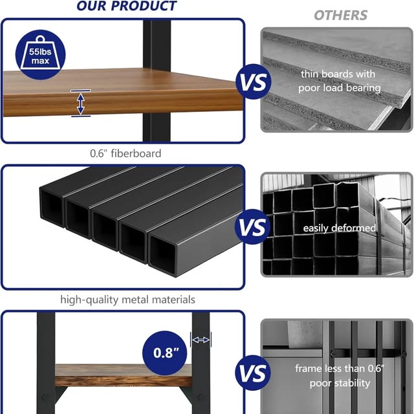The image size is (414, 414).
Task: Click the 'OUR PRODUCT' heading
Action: (x=127, y=6)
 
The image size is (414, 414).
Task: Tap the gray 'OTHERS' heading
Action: (x=341, y=16)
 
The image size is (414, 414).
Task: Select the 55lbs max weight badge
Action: (x=40, y=54)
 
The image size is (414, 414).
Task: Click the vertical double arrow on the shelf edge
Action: (x=80, y=103)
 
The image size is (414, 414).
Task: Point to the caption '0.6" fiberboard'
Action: (x=125, y=153)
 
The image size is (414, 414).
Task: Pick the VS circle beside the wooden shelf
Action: (x=253, y=82)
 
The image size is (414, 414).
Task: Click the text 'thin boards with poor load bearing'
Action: (x=339, y=81)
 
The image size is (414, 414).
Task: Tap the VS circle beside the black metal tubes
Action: (x=253, y=227)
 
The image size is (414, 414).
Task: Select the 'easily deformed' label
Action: (x=339, y=228)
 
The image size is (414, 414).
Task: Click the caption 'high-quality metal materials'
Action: (x=128, y=300)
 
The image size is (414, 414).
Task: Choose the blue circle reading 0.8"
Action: (x=165, y=353)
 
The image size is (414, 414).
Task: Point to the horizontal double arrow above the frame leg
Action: (x=201, y=340)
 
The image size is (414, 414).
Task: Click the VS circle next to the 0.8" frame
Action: (x=253, y=373)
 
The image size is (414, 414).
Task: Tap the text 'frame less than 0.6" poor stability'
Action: (x=340, y=376)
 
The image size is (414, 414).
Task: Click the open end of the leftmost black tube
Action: (x=52, y=208)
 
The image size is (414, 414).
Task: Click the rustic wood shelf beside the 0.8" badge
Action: (x=124, y=375)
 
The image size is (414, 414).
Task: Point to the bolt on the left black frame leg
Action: (x=45, y=397)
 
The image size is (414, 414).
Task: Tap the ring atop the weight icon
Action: (x=40, y=39)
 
